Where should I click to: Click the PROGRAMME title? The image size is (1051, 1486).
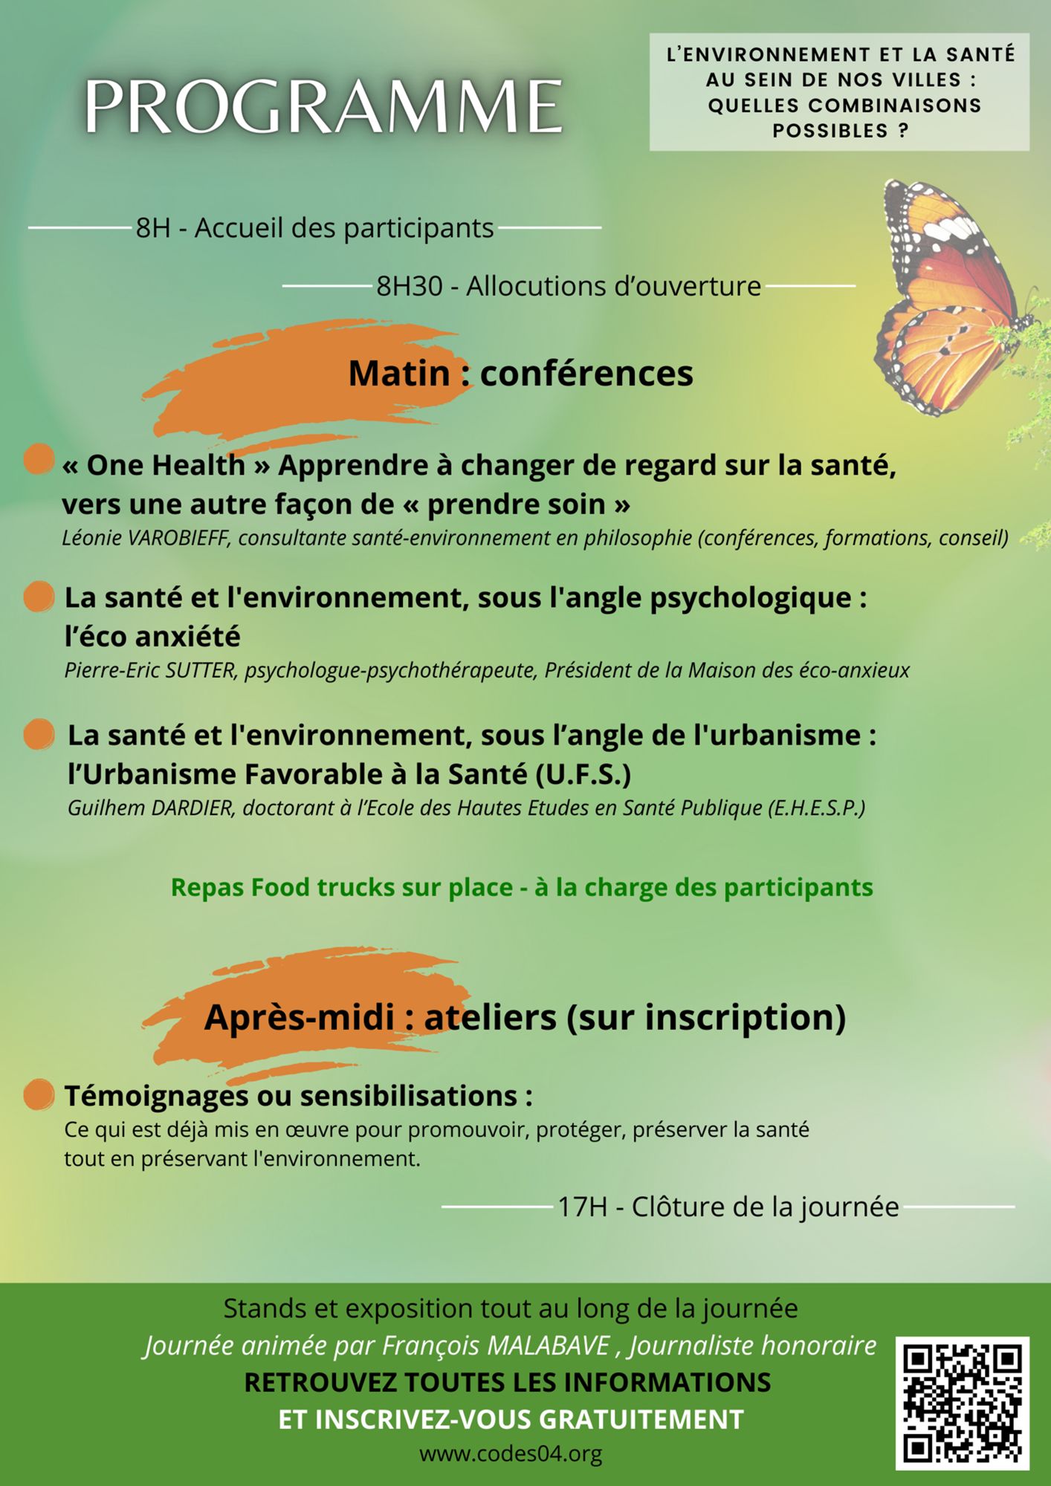pyautogui.click(x=323, y=106)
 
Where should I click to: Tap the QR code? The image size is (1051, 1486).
pyautogui.click(x=962, y=1403)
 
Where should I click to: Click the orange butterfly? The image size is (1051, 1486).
pyautogui.click(x=948, y=297)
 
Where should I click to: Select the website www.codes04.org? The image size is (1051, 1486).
pyautogui.click(x=511, y=1453)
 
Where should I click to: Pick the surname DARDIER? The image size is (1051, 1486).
pyautogui.click(x=192, y=808)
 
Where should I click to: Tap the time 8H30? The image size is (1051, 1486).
pyautogui.click(x=409, y=286)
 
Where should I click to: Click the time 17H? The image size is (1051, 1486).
pyautogui.click(x=583, y=1207)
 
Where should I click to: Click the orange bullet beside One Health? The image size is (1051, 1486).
pyautogui.click(x=39, y=459)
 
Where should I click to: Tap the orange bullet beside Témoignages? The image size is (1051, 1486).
pyautogui.click(x=39, y=1094)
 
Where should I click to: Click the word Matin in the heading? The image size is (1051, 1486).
pyautogui.click(x=399, y=373)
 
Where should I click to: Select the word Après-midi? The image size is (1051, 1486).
pyautogui.click(x=299, y=1017)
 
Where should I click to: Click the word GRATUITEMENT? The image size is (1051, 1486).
pyautogui.click(x=641, y=1419)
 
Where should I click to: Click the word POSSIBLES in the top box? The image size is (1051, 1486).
pyautogui.click(x=830, y=131)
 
